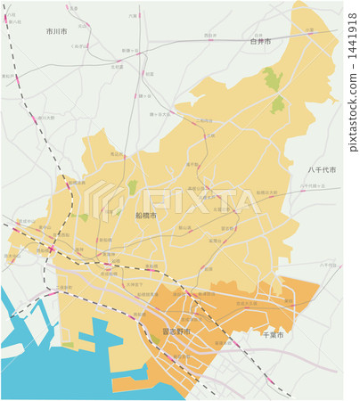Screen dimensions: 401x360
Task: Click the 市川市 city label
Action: (57, 30)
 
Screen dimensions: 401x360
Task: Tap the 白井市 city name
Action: (260, 41)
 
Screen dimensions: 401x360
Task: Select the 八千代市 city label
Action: (322, 169)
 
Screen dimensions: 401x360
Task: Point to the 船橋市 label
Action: (145, 216)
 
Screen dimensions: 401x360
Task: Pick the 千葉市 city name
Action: (273, 335)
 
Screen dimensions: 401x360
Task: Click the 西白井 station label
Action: (209, 36)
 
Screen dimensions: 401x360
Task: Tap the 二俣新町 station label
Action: (64, 287)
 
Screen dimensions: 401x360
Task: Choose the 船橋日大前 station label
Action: (266, 192)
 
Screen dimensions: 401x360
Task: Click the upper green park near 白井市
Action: (272, 79)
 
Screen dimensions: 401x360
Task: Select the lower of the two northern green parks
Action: (278, 105)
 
